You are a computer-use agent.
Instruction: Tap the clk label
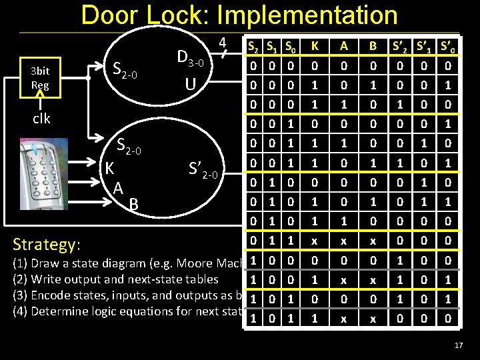coord(41,118)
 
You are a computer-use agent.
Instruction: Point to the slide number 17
coord(457,345)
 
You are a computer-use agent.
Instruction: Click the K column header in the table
coord(313,47)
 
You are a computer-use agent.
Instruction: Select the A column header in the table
coord(344,47)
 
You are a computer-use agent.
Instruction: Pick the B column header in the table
coord(373,47)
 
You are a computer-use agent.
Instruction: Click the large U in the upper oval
coord(191,85)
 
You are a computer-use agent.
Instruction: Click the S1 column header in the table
coord(272,47)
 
